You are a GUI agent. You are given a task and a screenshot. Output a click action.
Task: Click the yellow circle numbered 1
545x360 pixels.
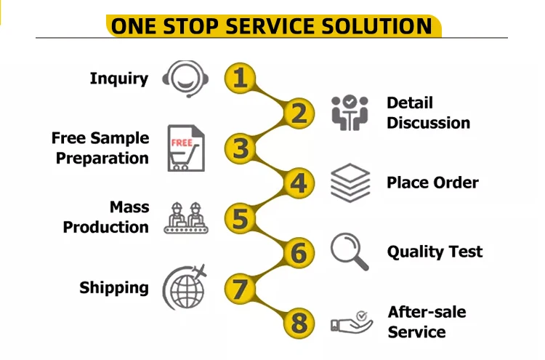click(241, 78)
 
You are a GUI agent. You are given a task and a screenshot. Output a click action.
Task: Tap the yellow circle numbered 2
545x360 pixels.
click(298, 113)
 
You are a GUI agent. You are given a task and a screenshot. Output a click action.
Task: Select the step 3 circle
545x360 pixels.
click(241, 148)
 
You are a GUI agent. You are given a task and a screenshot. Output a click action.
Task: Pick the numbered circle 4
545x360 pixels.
click(298, 183)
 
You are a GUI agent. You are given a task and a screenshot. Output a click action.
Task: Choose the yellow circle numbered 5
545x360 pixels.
click(241, 217)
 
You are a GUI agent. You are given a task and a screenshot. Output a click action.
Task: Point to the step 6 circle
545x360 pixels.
click(298, 253)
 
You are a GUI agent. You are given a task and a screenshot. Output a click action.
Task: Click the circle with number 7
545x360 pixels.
click(241, 288)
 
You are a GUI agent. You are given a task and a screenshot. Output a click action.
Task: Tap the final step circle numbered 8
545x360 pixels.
click(298, 322)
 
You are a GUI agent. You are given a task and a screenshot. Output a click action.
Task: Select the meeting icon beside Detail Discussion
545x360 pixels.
click(350, 113)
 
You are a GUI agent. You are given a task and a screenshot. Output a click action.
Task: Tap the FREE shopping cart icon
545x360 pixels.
click(185, 148)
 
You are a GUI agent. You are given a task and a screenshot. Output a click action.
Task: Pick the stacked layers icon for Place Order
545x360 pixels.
click(350, 183)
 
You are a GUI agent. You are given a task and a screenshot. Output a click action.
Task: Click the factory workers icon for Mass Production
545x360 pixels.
click(185, 217)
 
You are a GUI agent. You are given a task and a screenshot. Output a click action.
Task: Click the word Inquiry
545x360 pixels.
click(118, 79)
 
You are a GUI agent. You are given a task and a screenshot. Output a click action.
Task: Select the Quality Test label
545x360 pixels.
click(435, 252)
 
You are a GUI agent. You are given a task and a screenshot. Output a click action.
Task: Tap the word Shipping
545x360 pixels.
click(114, 288)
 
